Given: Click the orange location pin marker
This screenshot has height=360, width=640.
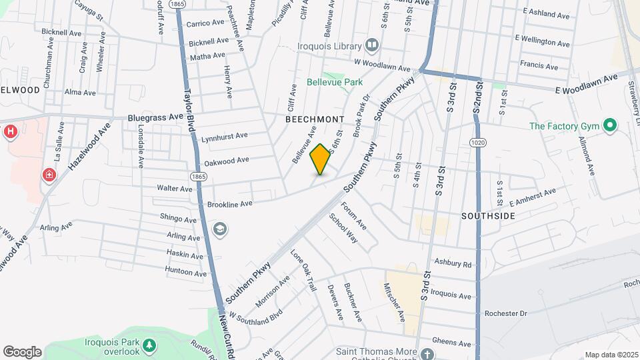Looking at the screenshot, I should tap(321, 159).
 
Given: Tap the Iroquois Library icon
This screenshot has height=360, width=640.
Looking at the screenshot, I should tap(372, 46).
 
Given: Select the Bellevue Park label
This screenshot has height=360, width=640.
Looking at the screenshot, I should tap(335, 82).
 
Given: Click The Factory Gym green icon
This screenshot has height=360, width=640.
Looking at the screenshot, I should tap(609, 125).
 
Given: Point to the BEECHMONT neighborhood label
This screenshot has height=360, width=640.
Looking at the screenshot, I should tap(315, 119).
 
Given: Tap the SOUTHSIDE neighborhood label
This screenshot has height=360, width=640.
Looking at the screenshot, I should tap(488, 217).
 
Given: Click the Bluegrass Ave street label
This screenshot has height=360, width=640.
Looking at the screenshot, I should tap(155, 117).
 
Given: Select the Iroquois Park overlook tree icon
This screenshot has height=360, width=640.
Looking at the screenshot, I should tap(151, 345).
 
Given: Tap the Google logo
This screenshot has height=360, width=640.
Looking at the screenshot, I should tap(22, 351).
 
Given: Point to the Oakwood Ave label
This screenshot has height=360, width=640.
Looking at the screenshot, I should tap(227, 160).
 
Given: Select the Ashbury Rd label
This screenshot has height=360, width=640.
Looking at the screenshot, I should tap(453, 264).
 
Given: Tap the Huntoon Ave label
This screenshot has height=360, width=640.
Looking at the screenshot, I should tap(186, 273).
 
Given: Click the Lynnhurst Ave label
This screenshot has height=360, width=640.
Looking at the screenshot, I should tap(224, 136).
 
